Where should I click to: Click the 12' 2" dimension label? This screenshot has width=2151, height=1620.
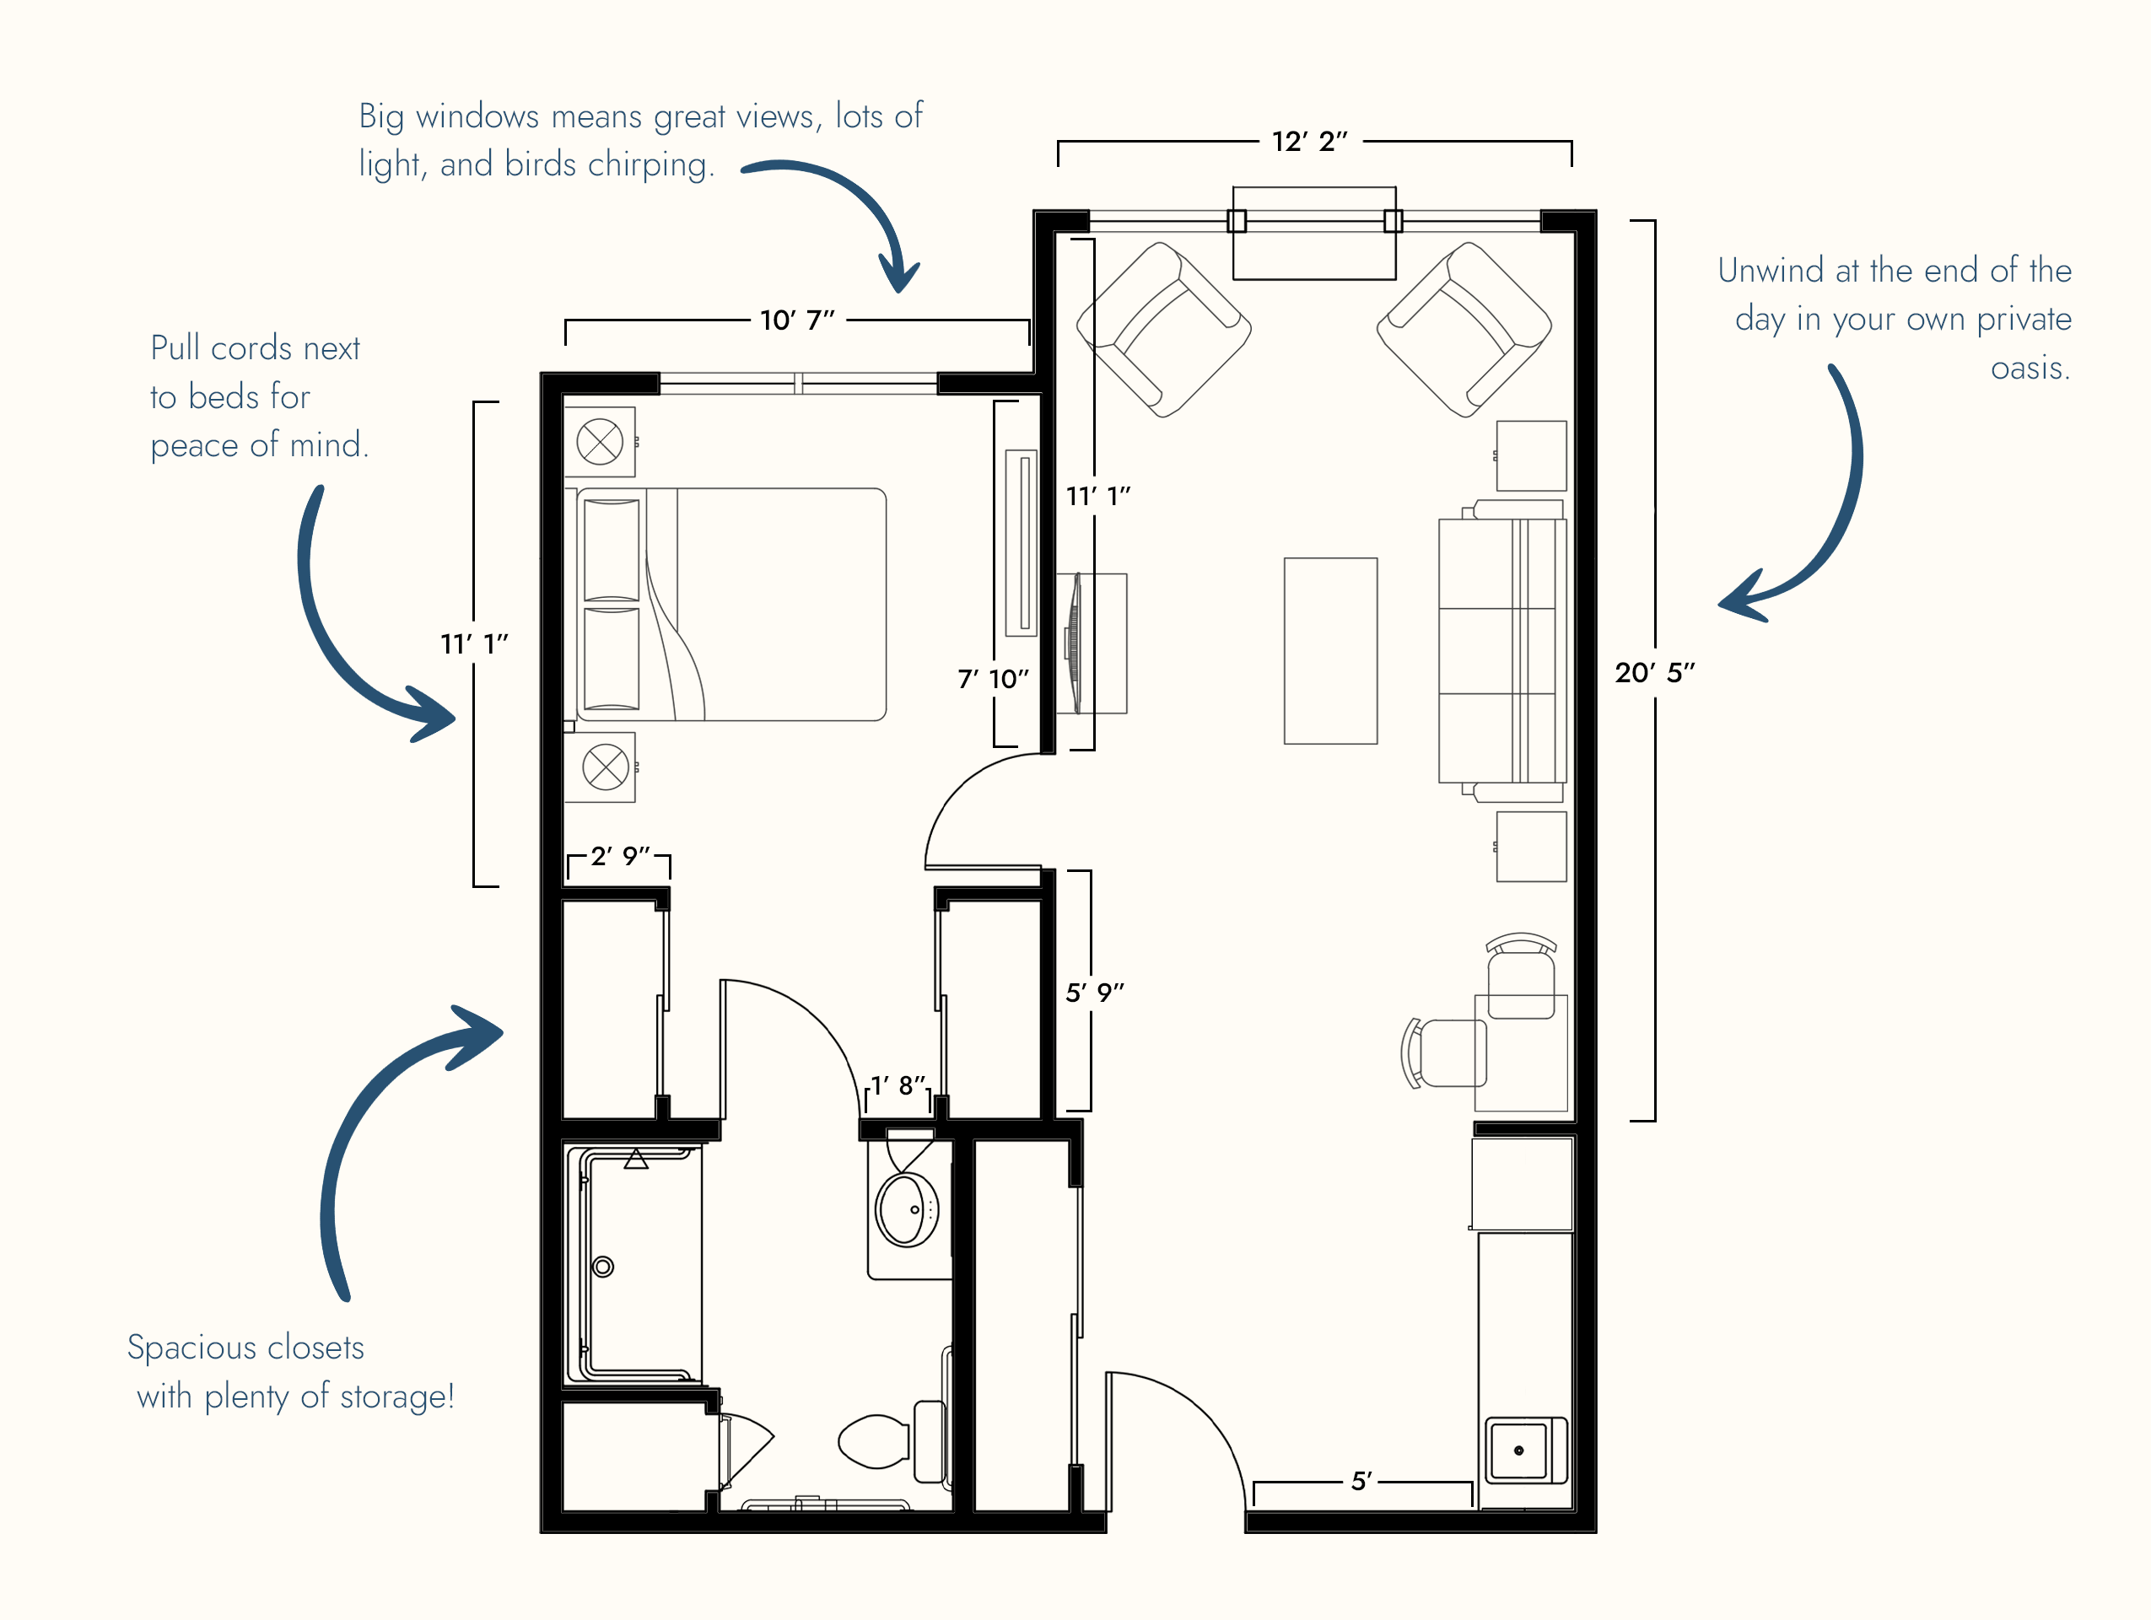point(1309,142)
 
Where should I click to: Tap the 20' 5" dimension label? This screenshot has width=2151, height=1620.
point(1654,672)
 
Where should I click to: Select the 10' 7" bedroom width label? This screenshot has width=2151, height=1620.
point(797,320)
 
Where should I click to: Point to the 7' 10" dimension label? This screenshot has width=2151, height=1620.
point(993,679)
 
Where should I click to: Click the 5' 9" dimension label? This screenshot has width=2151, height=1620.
point(1095,993)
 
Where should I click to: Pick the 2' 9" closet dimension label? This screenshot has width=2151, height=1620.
point(619,856)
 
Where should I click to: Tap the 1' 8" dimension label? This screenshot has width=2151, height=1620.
point(898,1085)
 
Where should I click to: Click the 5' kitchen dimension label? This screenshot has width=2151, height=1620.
point(1361,1481)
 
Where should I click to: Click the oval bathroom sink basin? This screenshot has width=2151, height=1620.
point(906,1209)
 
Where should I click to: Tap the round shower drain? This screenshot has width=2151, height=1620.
point(603,1267)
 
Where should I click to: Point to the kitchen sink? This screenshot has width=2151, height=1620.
point(1518,1450)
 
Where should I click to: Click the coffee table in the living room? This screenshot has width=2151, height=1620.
point(1330,650)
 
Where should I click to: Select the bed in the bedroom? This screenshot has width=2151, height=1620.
point(731,604)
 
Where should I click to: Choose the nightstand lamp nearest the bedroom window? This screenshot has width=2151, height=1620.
point(600,441)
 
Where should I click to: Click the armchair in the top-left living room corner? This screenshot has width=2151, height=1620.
point(1164,330)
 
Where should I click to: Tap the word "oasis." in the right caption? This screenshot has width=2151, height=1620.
point(2030,368)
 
